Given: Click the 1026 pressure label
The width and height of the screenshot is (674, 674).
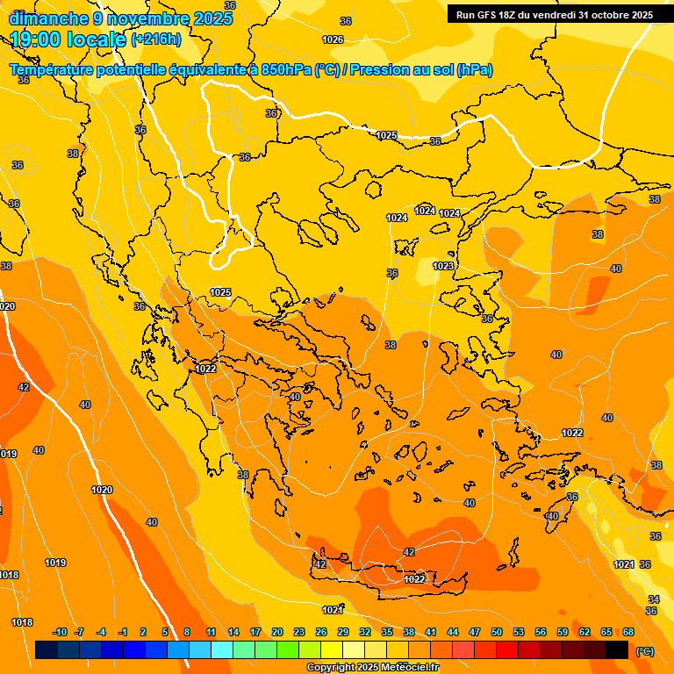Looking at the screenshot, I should (x=333, y=39).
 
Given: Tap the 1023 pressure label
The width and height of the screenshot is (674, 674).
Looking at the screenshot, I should (x=443, y=266).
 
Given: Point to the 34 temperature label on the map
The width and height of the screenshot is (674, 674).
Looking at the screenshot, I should (x=654, y=599).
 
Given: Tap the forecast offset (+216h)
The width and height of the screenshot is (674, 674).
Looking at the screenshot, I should (x=155, y=39).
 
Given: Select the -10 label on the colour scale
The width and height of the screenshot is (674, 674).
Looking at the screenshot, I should (x=60, y=632).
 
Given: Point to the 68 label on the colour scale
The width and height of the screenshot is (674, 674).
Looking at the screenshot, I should (x=628, y=632).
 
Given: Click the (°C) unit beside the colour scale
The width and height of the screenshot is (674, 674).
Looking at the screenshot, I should (x=644, y=651).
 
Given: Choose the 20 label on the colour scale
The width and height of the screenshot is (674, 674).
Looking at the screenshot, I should (x=277, y=632).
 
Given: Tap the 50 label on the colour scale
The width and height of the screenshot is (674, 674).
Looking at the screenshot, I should (x=497, y=632).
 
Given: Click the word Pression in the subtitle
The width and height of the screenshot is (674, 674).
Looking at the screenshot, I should (x=381, y=70).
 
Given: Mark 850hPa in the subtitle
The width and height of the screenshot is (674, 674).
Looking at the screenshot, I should (x=286, y=70).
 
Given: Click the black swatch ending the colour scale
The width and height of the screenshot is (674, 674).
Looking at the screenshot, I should (x=617, y=650).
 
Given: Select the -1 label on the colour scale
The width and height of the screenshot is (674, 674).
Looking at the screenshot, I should (x=123, y=632).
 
